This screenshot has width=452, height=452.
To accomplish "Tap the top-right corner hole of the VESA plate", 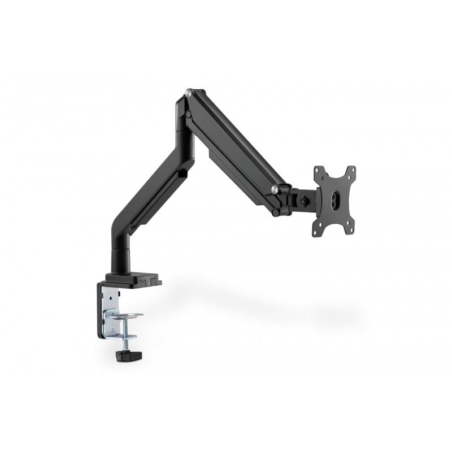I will point(351,169).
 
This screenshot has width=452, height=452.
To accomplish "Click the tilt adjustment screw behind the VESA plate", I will point(304,199).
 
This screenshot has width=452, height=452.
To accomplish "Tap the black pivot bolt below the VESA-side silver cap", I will point(276,212).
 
